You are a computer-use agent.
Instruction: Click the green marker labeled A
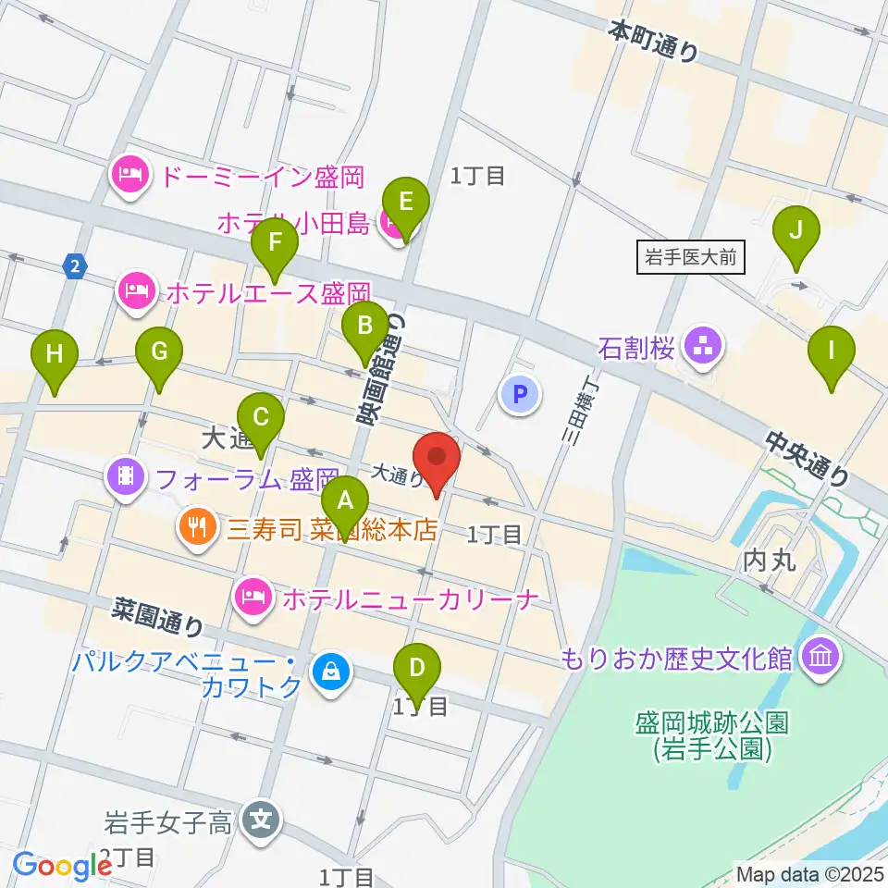(x=345, y=501)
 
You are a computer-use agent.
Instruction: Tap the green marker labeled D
(x=417, y=668)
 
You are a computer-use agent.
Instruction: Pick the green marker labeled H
(x=55, y=354)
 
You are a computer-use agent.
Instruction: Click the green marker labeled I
(x=832, y=351)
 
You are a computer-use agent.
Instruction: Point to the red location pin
(x=436, y=458)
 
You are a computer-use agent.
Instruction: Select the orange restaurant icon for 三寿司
(x=197, y=529)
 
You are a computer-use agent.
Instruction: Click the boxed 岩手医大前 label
(x=692, y=257)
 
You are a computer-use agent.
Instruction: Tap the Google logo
(x=62, y=866)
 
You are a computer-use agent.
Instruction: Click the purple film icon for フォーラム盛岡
(x=126, y=478)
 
